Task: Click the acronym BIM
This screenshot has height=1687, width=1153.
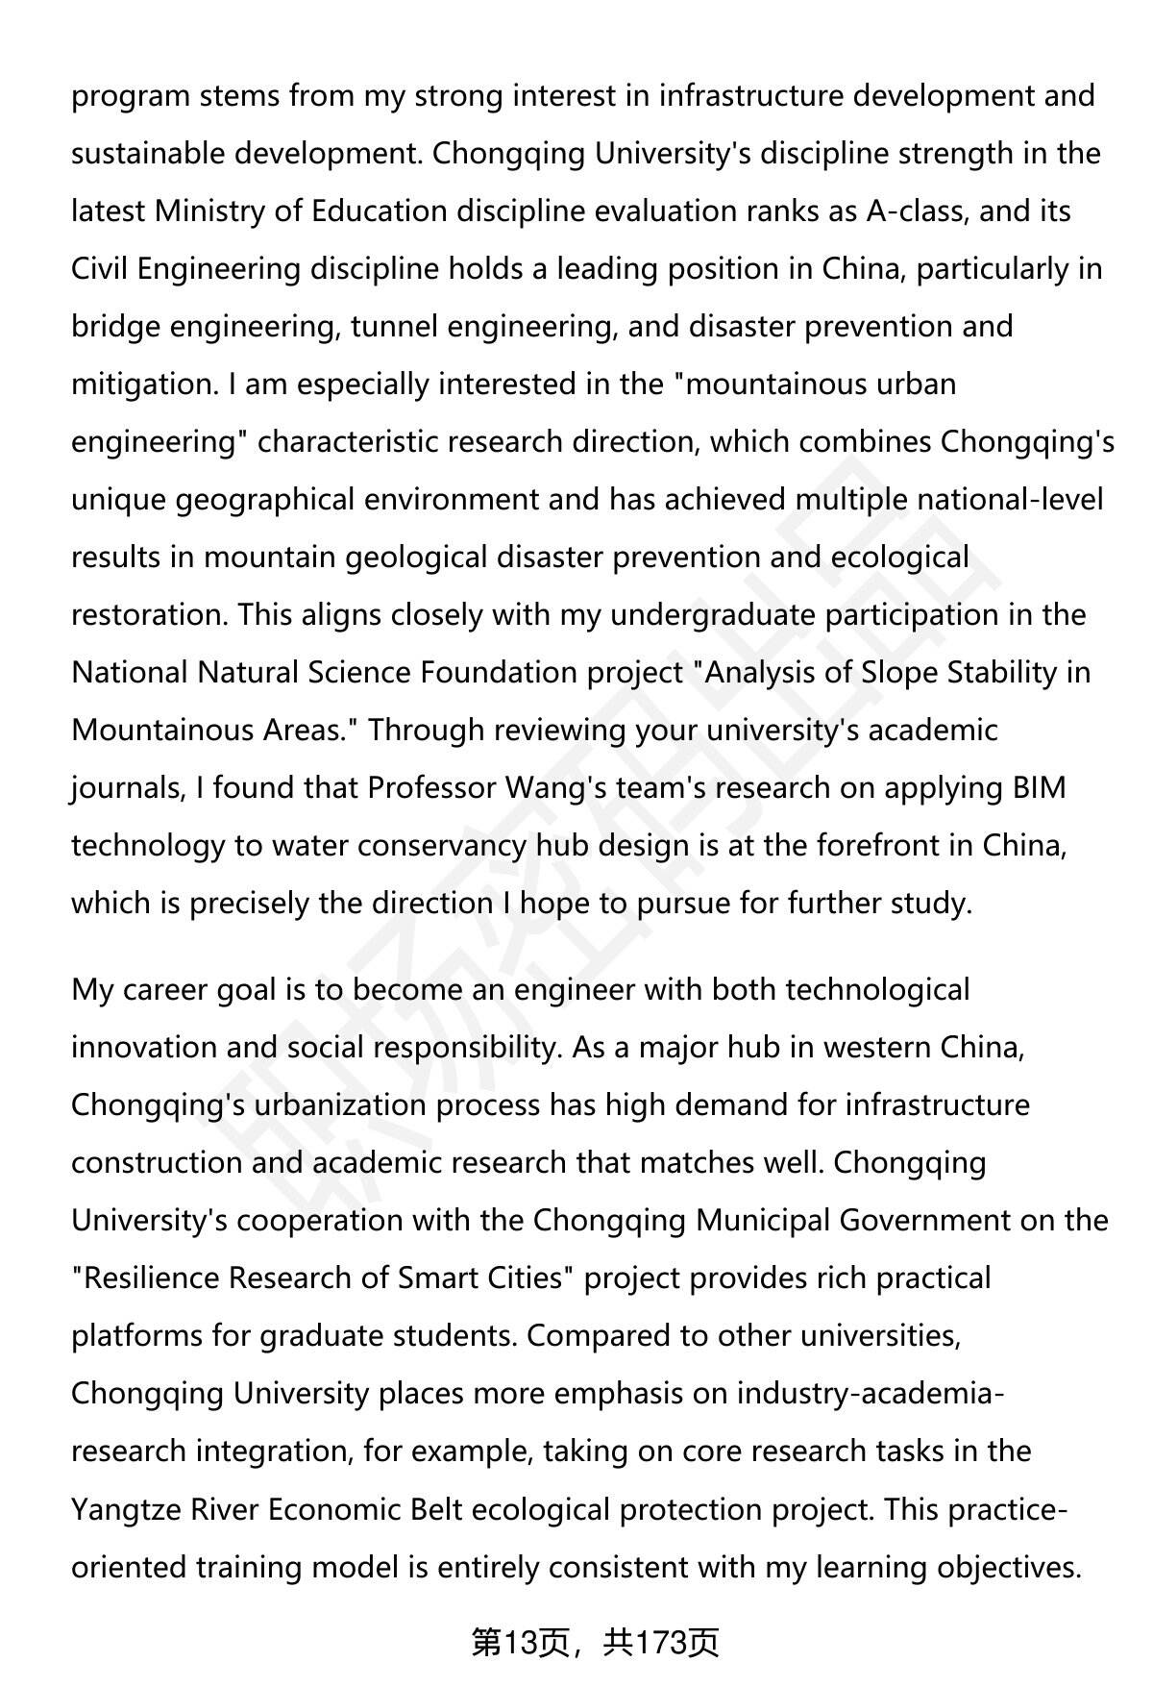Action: (1040, 788)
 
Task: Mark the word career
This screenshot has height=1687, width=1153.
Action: (165, 990)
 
